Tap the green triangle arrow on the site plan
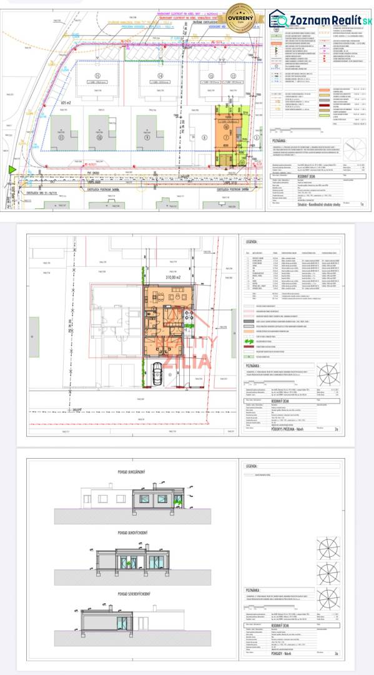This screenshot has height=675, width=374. [x=11, y=169]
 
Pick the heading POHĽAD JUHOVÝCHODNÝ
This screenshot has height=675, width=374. [x=112, y=533]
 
